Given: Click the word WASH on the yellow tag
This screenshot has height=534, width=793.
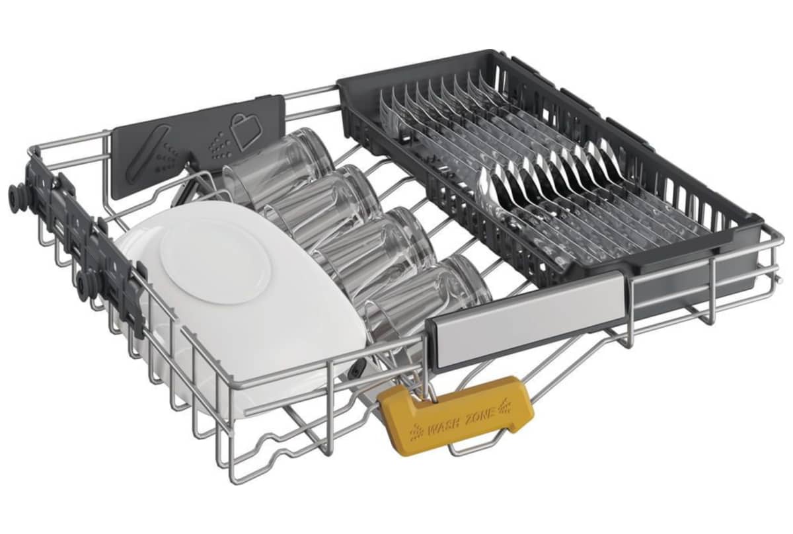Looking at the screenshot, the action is click(x=442, y=429).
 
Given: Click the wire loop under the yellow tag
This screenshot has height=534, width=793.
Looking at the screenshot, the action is click(x=485, y=448).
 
